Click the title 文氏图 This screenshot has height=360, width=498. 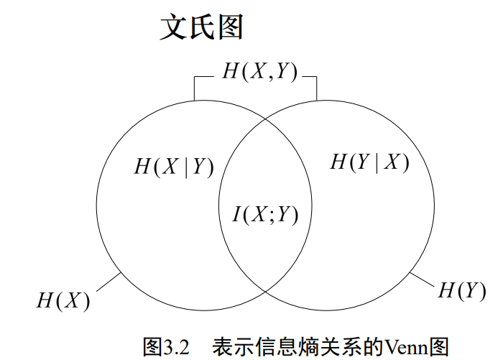coord(202,28)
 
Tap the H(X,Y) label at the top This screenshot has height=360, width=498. coord(259,72)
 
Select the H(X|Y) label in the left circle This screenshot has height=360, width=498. coord(174,166)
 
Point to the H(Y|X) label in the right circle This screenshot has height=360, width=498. coord(369,162)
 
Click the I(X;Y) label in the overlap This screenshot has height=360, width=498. coord(265,214)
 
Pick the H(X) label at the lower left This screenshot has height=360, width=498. coord(63,300)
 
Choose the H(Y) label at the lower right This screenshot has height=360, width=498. coord(458,290)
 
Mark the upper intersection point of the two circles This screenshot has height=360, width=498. coord(266,120)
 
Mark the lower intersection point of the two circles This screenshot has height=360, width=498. coord(266,289)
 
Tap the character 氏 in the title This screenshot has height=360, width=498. coord(202,28)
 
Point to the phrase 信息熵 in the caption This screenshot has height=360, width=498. coord(282,347)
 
